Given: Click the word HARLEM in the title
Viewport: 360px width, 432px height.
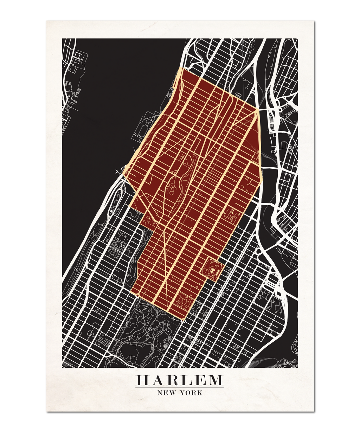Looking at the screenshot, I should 180,380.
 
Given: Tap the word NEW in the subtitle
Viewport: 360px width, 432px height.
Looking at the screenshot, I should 167,393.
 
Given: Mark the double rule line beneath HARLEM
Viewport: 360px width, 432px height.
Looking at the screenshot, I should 180,387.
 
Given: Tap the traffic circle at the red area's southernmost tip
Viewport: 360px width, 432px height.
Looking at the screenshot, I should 183,320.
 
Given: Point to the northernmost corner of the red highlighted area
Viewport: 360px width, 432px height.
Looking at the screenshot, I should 180,69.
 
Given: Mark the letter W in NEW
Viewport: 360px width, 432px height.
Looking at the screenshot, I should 173,393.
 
